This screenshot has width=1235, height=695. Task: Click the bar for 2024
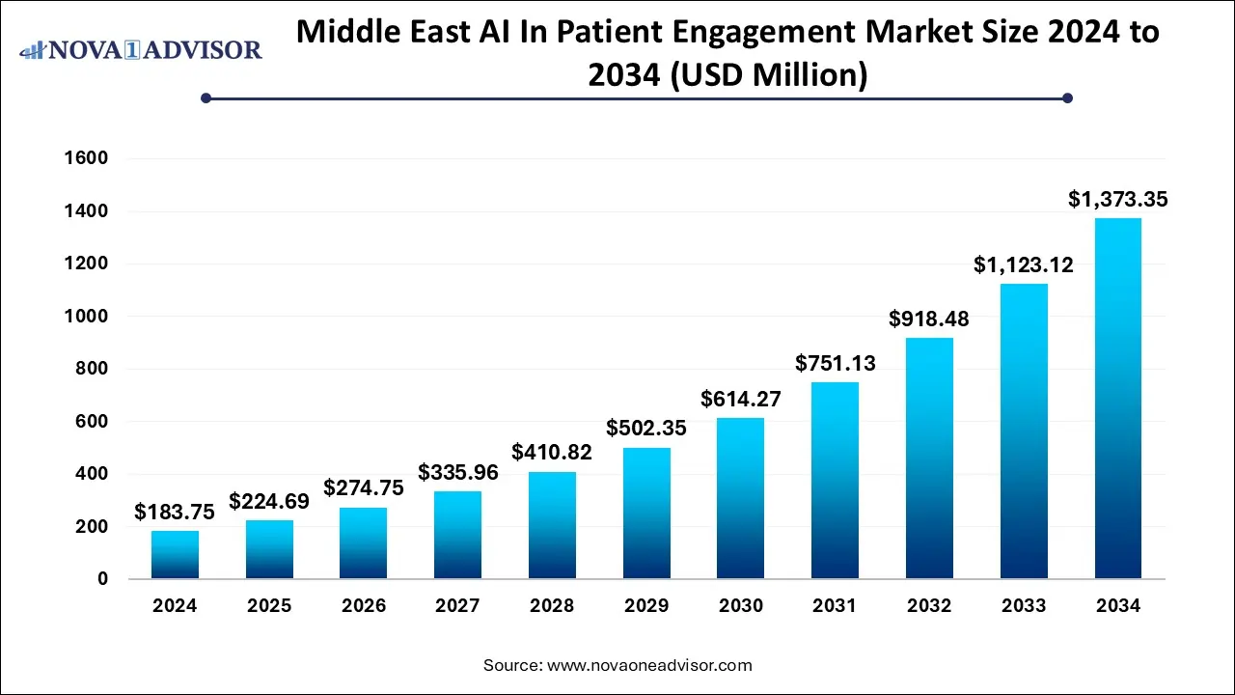coord(175,554)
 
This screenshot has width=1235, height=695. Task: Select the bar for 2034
coord(1118,398)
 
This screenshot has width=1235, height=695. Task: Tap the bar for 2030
coord(741,498)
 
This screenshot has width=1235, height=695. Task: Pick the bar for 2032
coord(929,458)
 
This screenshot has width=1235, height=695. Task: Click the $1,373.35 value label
coord(1118,200)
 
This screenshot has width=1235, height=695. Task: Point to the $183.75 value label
coord(175,512)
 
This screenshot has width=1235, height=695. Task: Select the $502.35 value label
coord(646,428)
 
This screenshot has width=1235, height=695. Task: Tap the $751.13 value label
coord(835,363)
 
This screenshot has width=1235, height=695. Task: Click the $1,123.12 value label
coord(1024,264)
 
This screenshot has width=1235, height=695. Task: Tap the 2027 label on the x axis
coord(457,606)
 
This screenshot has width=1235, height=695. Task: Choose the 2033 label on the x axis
coord(1024,606)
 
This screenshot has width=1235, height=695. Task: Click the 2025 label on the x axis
coord(269,606)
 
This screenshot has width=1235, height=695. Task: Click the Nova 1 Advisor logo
coord(141,49)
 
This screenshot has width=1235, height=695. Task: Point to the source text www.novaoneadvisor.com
coord(648,665)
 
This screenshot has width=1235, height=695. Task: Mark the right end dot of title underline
coord(1067,97)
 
